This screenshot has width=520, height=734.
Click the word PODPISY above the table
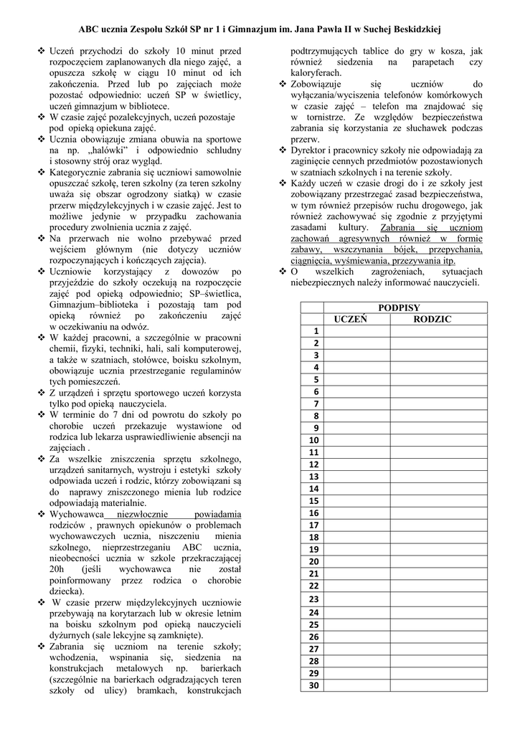400,308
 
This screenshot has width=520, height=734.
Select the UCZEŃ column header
351,319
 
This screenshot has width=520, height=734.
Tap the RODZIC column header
432,319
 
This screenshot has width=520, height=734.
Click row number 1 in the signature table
313,331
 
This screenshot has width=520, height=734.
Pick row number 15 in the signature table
313,501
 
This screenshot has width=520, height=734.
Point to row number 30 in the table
313,685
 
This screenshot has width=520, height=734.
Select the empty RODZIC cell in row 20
437,562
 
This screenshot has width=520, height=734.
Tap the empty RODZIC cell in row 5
437,379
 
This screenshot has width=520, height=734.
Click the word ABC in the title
91,29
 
